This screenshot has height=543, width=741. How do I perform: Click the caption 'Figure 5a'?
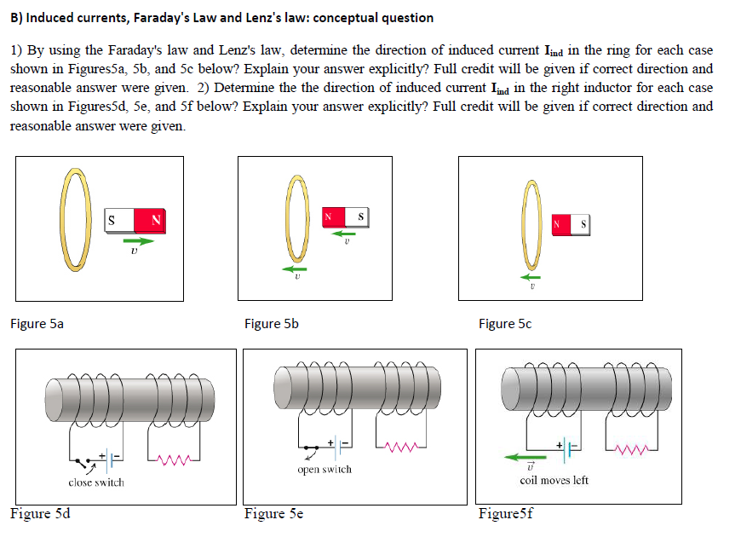pos(37,324)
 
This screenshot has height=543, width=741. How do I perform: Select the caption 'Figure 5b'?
pos(271,324)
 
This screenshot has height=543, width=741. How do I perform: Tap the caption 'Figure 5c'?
pos(507,324)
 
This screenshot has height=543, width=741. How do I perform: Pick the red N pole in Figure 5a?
pos(152,220)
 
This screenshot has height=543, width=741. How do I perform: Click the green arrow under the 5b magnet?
pos(343,233)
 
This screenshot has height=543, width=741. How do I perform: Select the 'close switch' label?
pos(95,482)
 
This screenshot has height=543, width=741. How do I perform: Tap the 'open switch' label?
pos(324,470)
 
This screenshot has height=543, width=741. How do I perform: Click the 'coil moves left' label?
pos(554,480)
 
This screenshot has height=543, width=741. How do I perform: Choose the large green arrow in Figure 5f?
pos(526,458)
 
